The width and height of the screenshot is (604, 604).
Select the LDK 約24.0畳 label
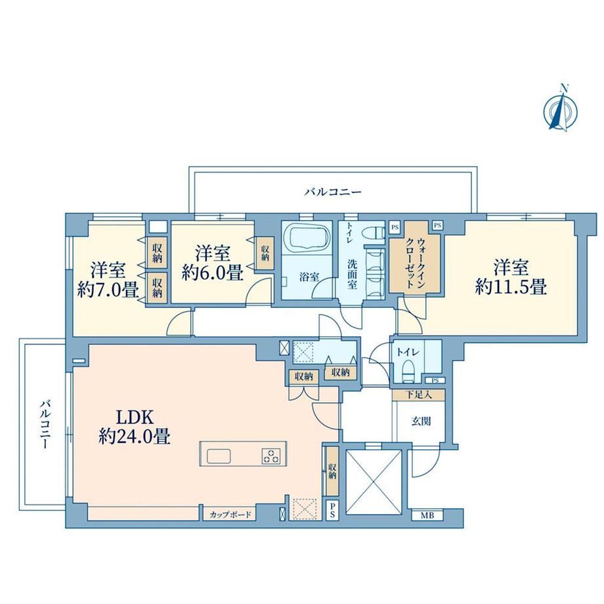coord(135,427)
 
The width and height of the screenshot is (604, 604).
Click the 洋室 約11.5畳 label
coord(511,277)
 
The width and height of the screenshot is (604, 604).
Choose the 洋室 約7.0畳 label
coord(108,280)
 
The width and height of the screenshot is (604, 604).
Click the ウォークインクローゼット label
coord(416,263)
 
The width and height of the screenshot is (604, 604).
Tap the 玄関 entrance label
coord(421,421)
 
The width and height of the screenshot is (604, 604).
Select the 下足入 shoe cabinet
coord(419,395)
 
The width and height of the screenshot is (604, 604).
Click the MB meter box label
coord(427,515)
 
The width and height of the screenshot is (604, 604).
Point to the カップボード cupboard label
coord(230,514)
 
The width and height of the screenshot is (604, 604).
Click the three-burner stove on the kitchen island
coord(271,456)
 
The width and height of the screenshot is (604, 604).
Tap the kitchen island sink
coord(219,456)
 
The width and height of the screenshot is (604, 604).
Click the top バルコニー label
coord(334,192)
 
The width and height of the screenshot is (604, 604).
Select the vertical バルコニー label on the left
coord(45,425)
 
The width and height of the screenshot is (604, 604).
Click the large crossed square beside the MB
coord(374,482)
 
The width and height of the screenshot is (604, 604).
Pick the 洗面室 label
coord(352,274)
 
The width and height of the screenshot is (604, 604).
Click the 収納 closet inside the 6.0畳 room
coord(265,253)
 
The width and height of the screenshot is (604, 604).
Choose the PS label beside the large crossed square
coord(332,511)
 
